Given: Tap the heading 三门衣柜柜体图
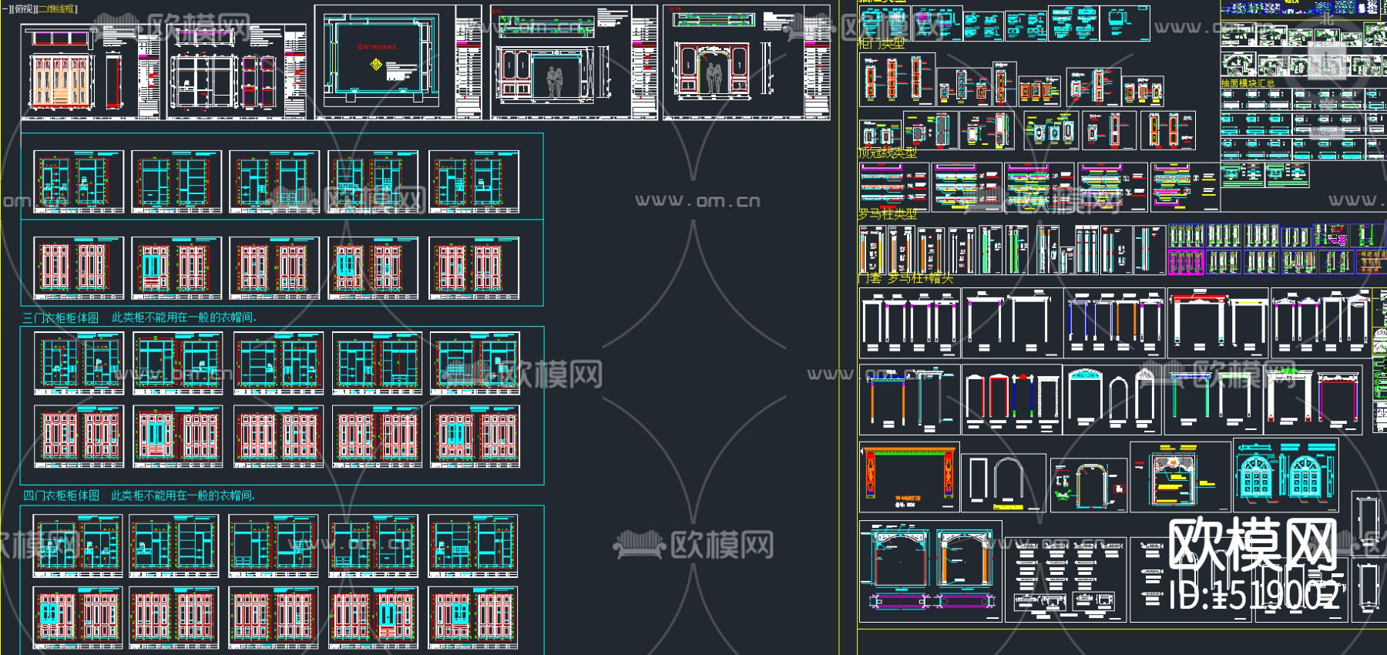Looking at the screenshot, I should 61,317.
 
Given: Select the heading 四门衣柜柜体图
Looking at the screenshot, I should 61,495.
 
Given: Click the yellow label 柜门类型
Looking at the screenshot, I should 881,44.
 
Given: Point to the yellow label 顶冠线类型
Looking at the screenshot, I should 887,153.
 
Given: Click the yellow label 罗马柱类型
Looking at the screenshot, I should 887,214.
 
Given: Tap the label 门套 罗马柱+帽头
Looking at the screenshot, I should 905,277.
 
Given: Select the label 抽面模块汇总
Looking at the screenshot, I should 1248,83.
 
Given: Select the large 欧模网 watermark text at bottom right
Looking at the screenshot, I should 1252,544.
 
